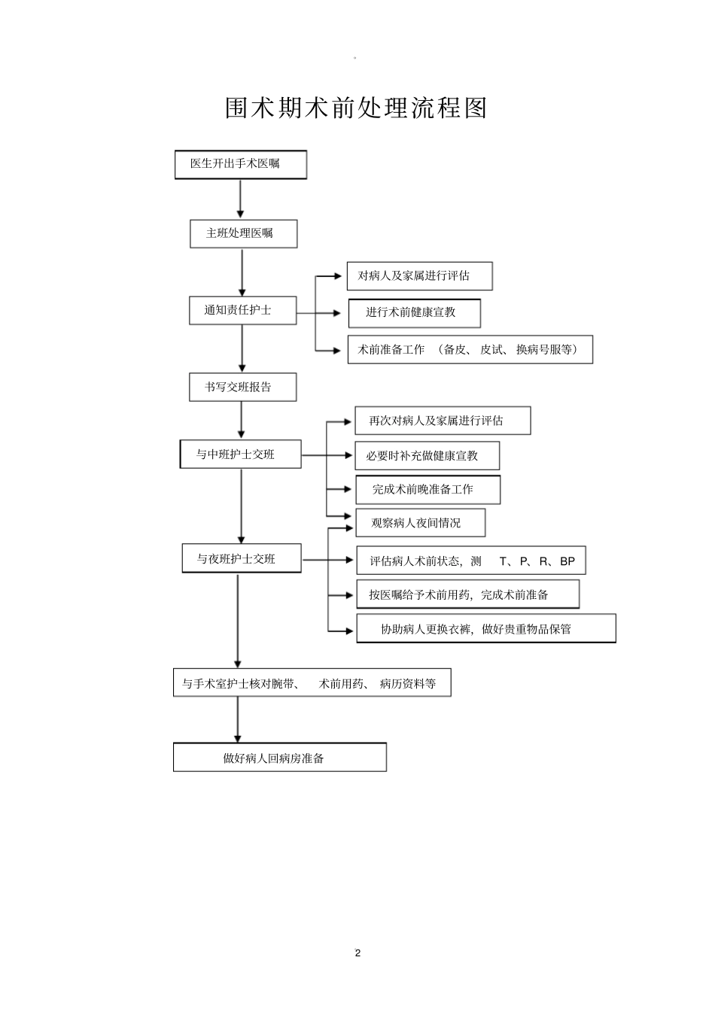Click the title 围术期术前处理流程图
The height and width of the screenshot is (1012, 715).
357,108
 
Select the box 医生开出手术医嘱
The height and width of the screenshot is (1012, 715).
240,164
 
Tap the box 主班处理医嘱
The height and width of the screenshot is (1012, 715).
243,233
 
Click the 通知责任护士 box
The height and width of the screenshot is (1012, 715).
242,310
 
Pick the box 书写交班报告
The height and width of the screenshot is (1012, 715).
242,387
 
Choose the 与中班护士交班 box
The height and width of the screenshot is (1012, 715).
240,454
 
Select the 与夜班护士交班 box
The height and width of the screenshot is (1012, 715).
241,558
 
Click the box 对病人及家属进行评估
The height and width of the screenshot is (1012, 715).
419,276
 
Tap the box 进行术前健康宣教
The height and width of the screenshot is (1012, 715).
414,313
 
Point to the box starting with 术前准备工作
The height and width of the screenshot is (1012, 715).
470,349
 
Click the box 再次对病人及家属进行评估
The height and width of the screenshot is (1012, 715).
443,421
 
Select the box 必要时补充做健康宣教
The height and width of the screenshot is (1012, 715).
427,456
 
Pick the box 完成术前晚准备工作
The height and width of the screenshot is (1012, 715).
427,489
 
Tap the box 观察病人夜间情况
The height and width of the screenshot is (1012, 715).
420,523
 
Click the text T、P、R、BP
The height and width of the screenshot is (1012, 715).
537,561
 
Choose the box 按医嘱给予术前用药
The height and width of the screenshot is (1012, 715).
467,594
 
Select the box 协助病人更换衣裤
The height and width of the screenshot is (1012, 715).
485,629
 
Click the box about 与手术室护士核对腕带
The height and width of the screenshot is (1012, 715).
312,683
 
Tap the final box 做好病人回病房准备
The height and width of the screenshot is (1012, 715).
279,758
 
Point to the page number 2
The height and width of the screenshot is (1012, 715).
357,953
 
